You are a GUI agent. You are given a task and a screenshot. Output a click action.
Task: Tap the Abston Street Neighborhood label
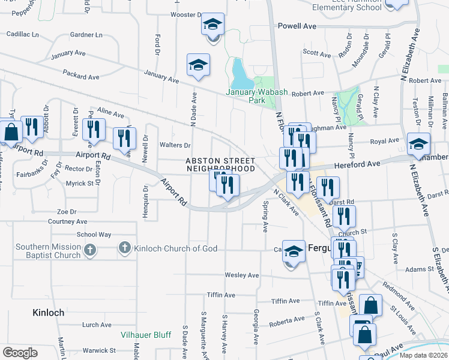coord(220,165)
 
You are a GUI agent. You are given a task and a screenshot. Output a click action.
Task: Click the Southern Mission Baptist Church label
coord(48,251)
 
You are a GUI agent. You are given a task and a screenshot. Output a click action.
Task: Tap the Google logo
coord(20,352)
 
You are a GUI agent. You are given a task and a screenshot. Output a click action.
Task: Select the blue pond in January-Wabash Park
coord(241,74)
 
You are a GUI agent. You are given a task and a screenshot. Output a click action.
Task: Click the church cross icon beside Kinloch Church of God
coord(125,248)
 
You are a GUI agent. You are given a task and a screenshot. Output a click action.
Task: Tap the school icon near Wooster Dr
coord(212,26)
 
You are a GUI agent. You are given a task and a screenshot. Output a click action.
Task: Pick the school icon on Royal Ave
coord(418,143)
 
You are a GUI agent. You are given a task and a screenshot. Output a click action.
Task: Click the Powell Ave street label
coord(297,26)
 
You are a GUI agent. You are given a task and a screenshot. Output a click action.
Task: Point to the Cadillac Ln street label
coord(22,34)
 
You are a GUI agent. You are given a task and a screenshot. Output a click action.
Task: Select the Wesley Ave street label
coord(241,275)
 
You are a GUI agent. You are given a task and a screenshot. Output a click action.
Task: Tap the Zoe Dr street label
coord(67,212)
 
